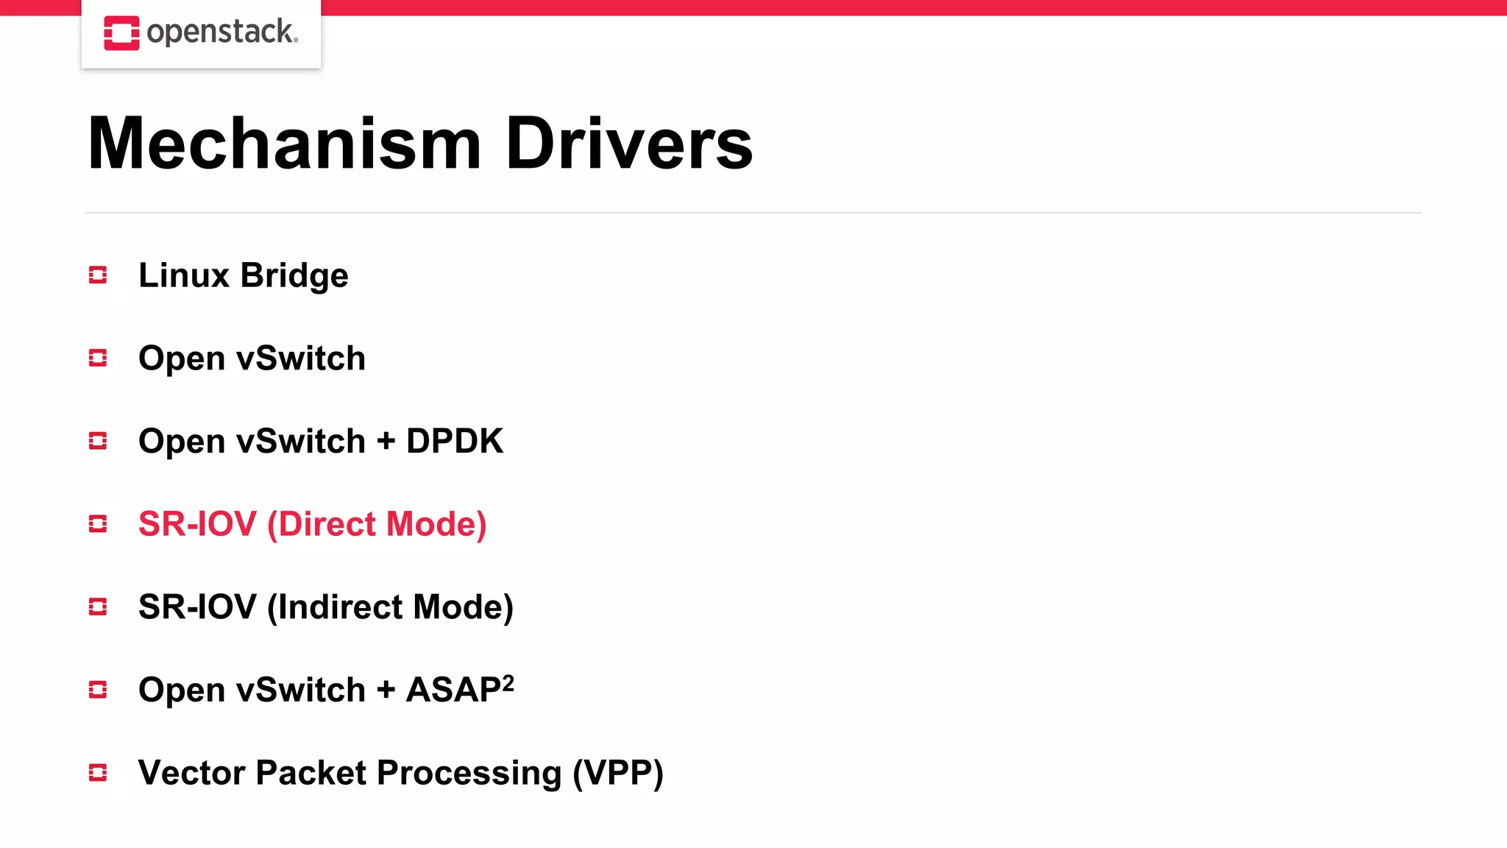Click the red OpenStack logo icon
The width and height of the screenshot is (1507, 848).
pyautogui.click(x=121, y=33)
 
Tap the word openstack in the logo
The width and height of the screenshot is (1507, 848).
pyautogui.click(x=221, y=32)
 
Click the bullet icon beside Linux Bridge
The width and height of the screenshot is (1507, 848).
pyautogui.click(x=98, y=275)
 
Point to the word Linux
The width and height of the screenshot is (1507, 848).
pyautogui.click(x=184, y=275)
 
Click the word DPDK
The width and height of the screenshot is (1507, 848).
pyautogui.click(x=455, y=441)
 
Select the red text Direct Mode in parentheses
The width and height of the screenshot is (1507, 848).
pyautogui.click(x=377, y=524)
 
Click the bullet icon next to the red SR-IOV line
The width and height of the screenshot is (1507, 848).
pyautogui.click(x=98, y=524)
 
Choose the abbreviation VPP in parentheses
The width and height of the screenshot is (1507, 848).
pyautogui.click(x=618, y=773)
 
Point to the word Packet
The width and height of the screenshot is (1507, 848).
pyautogui.click(x=311, y=773)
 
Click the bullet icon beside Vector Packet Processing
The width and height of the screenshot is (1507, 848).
pyautogui.click(x=98, y=773)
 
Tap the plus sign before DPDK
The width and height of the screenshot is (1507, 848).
pyautogui.click(x=386, y=442)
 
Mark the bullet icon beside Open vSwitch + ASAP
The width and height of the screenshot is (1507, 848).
pyautogui.click(x=98, y=690)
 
